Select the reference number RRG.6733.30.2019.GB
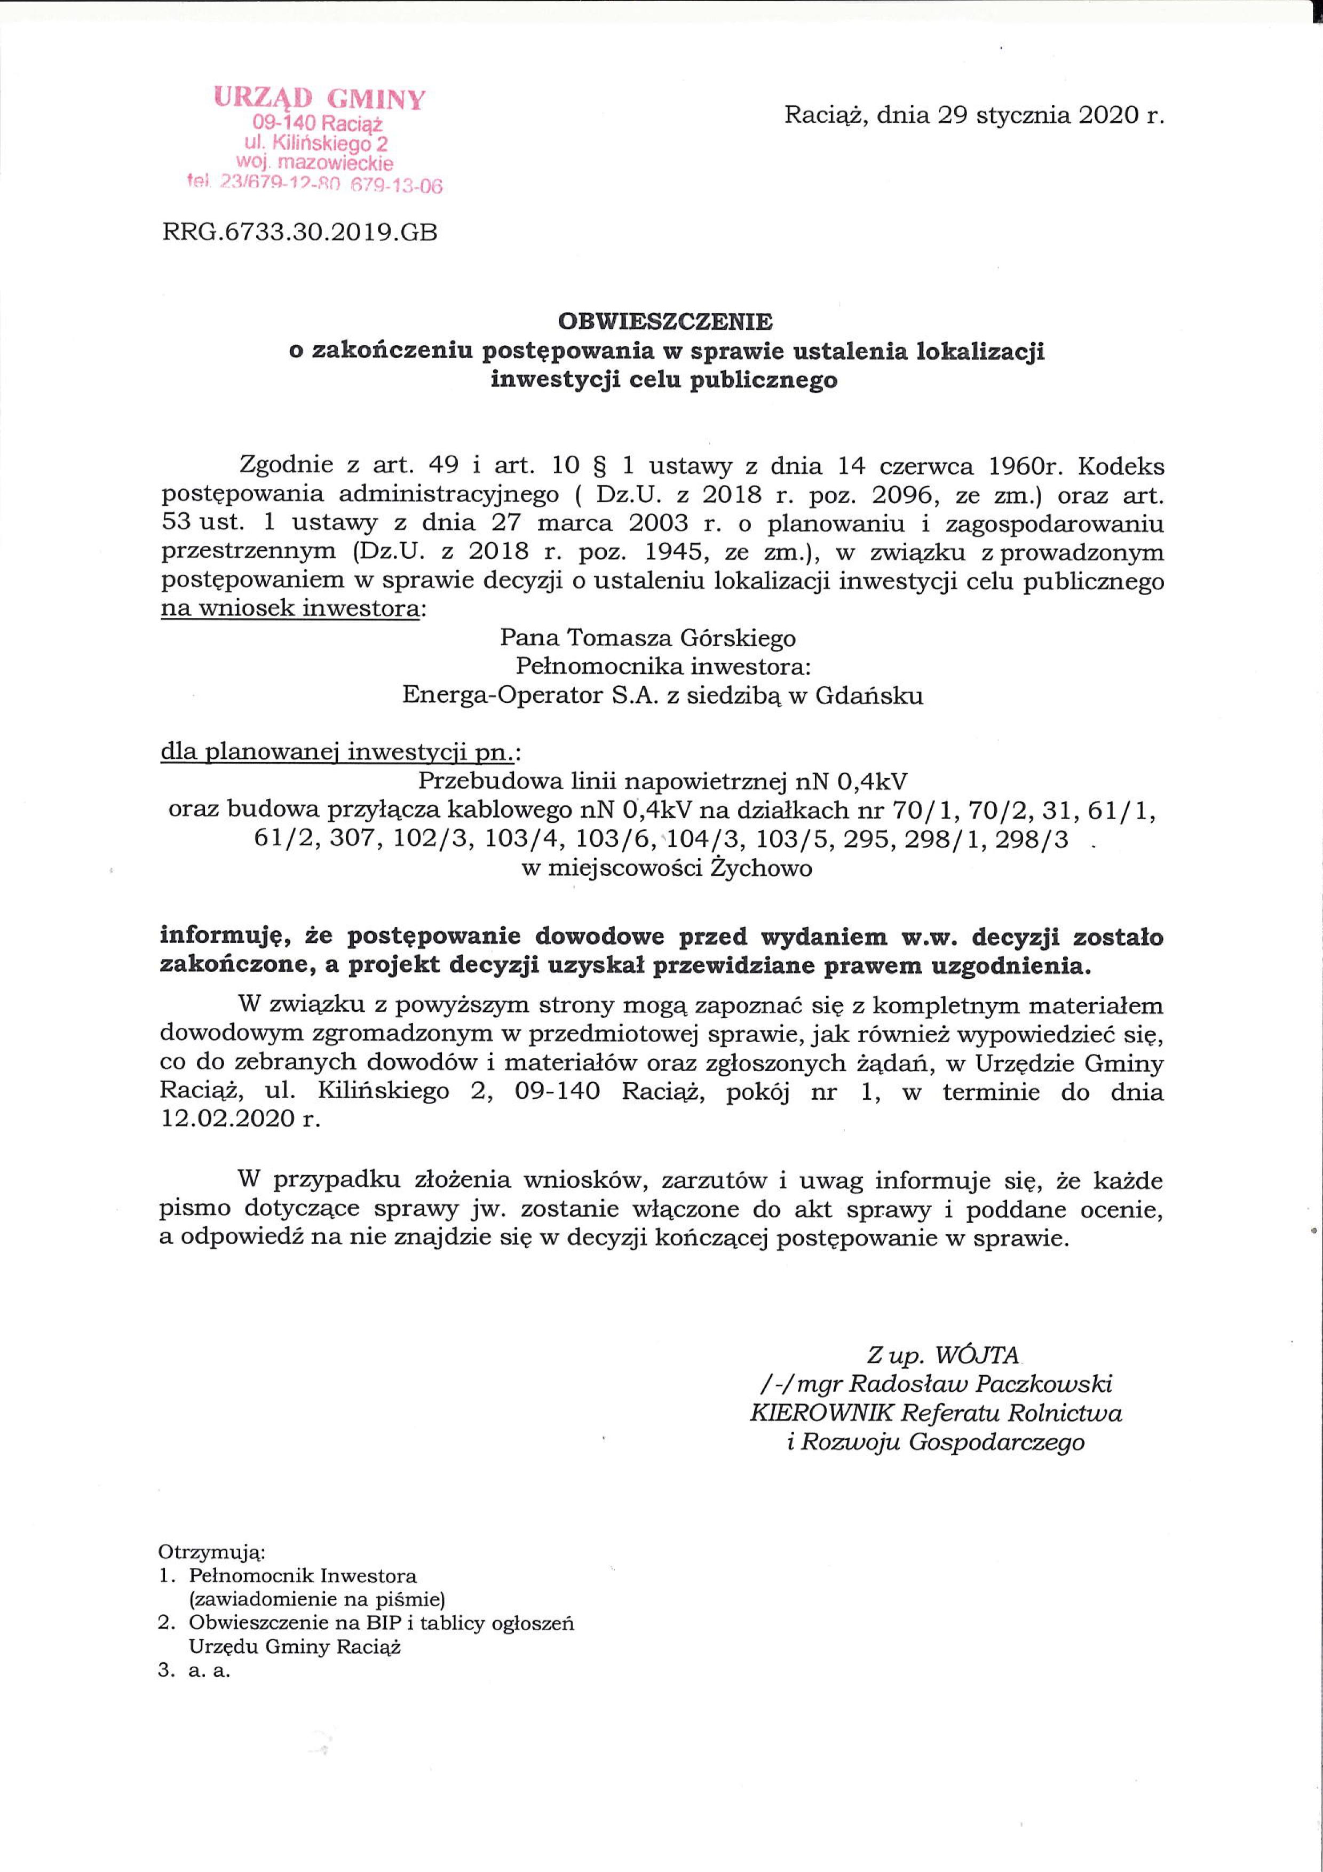click(x=300, y=234)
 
